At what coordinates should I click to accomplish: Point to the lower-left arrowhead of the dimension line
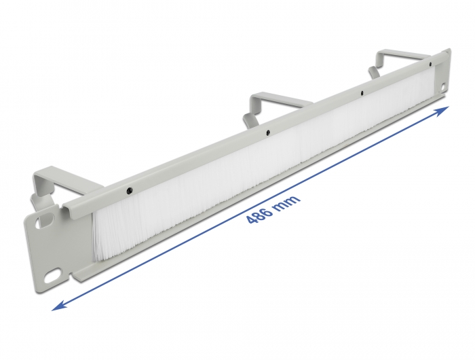[x=58, y=306]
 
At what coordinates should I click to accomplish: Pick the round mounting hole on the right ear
[x=442, y=86]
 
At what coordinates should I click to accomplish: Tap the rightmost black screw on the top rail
[x=428, y=64]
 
